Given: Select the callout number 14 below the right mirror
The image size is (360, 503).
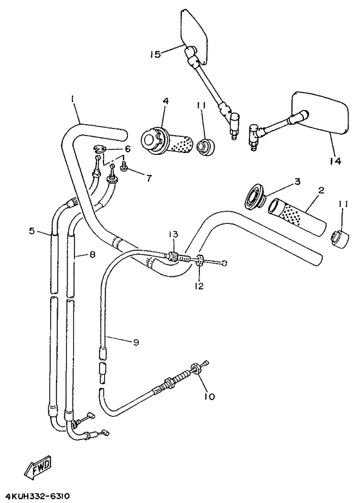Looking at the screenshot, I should [x=334, y=161].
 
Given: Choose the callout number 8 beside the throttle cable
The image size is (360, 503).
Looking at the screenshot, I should [x=93, y=255].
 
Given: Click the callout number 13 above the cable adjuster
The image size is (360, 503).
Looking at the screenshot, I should [x=173, y=233].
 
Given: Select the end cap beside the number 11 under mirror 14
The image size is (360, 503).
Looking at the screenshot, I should [x=337, y=237].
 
